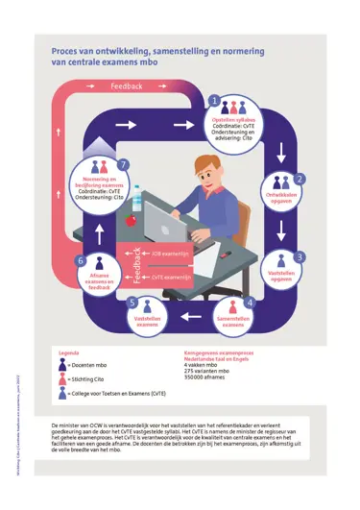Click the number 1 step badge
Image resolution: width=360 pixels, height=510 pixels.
(x=215, y=101)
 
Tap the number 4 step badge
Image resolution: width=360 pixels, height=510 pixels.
(x=250, y=303)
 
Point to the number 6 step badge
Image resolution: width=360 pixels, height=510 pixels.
(x=82, y=261)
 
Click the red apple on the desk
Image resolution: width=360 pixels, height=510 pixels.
(x=132, y=219)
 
